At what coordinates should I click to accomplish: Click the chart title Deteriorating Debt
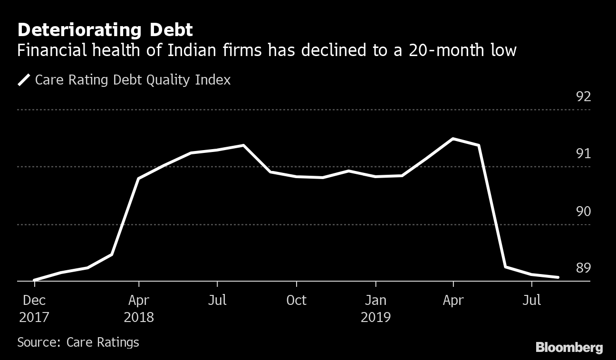coord(105,30)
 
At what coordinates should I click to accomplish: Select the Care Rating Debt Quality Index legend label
coord(133,79)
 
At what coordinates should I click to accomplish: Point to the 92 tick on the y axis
coord(583,97)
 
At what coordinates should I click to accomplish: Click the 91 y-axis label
coord(583,153)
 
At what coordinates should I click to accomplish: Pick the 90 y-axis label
coord(583,211)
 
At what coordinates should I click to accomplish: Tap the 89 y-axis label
coord(583,268)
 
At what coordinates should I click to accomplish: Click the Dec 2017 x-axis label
coord(34,308)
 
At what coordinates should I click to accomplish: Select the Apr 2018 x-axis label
coord(139,308)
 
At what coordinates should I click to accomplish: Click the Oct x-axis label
coord(296,300)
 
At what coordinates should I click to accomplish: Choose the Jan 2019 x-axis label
coord(375,308)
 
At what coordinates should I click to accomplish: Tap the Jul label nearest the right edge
coord(531,300)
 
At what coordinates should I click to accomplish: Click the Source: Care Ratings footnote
coord(78,342)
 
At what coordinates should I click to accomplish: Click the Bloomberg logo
coord(569,347)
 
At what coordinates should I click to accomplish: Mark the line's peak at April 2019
coord(453,139)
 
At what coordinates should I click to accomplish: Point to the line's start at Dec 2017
coord(35,280)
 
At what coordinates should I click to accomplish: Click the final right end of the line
coord(558,277)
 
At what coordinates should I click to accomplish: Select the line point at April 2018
coord(138,179)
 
